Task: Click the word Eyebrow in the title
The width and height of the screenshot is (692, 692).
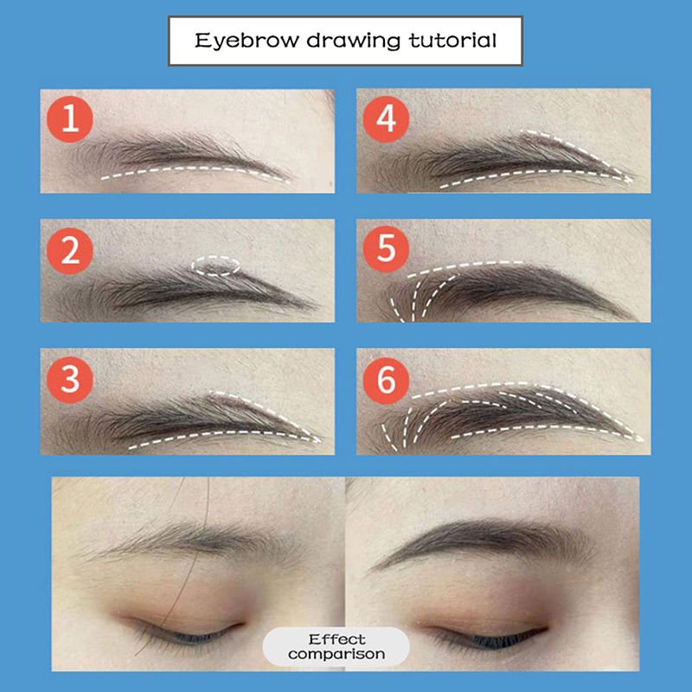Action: [x=247, y=41]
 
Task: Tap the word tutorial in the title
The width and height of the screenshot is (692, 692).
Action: [x=452, y=40]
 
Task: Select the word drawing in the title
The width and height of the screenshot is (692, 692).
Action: [x=354, y=41]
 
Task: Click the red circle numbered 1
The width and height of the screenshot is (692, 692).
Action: [x=70, y=119]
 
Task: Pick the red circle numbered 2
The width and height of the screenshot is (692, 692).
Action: [x=70, y=251]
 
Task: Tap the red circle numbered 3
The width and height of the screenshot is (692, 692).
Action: [x=70, y=380]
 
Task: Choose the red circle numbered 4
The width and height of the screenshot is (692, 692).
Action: [x=386, y=119]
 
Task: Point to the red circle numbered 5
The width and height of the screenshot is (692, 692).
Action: [x=386, y=249]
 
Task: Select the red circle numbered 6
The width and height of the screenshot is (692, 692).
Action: [x=386, y=381]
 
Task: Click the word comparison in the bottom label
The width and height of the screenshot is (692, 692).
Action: [x=336, y=654]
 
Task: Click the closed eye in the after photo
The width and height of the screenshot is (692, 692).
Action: [x=485, y=638]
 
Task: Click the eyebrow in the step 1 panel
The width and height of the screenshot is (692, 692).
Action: [x=176, y=152]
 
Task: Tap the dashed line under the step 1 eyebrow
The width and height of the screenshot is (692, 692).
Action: [x=194, y=169]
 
